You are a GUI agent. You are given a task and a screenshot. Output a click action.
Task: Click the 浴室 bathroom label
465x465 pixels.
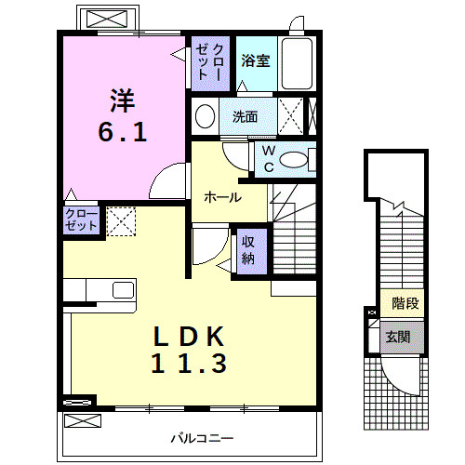(256, 60)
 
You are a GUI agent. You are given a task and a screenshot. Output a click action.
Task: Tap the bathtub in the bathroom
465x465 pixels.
(297, 63)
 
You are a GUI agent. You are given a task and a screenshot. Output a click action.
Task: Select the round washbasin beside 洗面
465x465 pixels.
(206, 116)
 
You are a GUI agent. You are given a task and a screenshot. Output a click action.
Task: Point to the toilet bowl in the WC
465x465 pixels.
(293, 160)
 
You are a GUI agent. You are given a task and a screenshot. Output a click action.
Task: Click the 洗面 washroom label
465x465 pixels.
(245, 117)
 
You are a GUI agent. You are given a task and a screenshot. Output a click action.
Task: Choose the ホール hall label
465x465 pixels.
(222, 197)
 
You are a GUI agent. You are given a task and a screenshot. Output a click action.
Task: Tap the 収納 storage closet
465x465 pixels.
(252, 251)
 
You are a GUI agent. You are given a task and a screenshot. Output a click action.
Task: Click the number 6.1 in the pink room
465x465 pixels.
(123, 132)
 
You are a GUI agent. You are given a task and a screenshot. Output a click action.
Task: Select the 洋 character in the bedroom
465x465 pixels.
(122, 100)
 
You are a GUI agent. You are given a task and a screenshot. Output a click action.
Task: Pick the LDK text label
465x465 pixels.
(189, 337)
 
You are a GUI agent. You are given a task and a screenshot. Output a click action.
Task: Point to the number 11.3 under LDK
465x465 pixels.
(189, 363)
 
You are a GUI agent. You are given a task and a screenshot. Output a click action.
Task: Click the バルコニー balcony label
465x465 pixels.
(202, 438)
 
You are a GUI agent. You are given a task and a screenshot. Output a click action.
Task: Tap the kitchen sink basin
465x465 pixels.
(123, 290)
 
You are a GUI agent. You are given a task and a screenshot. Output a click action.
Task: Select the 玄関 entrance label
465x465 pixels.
(398, 337)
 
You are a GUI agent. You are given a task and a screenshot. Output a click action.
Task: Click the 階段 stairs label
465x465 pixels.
(405, 303)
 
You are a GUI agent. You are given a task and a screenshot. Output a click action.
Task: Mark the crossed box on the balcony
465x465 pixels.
(83, 421)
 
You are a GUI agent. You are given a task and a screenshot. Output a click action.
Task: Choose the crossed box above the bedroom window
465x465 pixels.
(107, 19)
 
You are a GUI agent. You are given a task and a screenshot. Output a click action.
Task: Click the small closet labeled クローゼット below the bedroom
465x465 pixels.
(81, 220)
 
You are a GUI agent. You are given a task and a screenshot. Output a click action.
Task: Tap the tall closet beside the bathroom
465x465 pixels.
(210, 63)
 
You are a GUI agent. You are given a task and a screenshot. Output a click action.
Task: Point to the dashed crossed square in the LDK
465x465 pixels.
(121, 221)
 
